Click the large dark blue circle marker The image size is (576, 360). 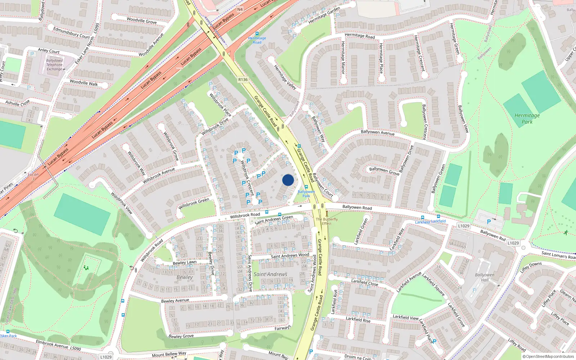pos(288,180)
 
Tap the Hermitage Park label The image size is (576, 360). pos(527,118)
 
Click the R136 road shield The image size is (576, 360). pos(243,80)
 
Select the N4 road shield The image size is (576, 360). pos(240,9)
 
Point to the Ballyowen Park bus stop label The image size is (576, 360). pos(306,194)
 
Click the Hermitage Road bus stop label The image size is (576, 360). pos(257,40)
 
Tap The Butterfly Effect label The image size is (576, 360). pos(327,221)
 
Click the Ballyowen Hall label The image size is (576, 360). pos(485,277)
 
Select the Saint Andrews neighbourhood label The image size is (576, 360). pos(270,274)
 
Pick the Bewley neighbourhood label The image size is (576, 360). pos(185,277)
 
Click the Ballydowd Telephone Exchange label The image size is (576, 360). pos(54,65)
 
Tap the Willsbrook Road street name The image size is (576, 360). pos(245,215)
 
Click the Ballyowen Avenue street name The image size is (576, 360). pos(378,132)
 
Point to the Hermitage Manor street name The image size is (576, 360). pos(343,58)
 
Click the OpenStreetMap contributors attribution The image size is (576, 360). pos(548,356)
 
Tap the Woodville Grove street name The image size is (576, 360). pos(141,21)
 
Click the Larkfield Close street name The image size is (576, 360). pos(365,283)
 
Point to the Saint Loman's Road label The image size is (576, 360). pos(558,255)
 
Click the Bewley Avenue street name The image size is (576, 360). pos(175,301)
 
